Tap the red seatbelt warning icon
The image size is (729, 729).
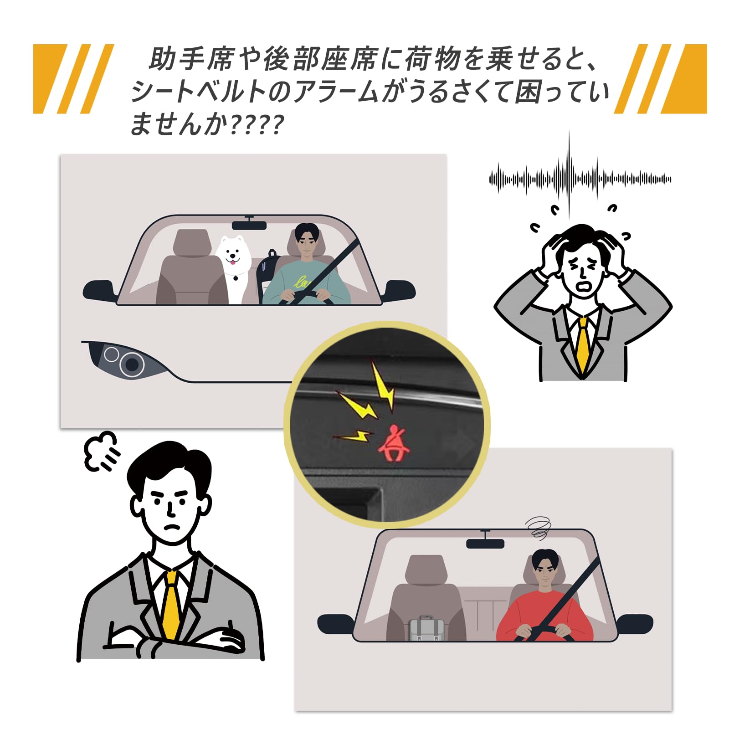394,444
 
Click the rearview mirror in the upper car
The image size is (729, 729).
249,225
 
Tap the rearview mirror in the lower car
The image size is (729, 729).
485,543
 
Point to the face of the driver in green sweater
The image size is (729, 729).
307,245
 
